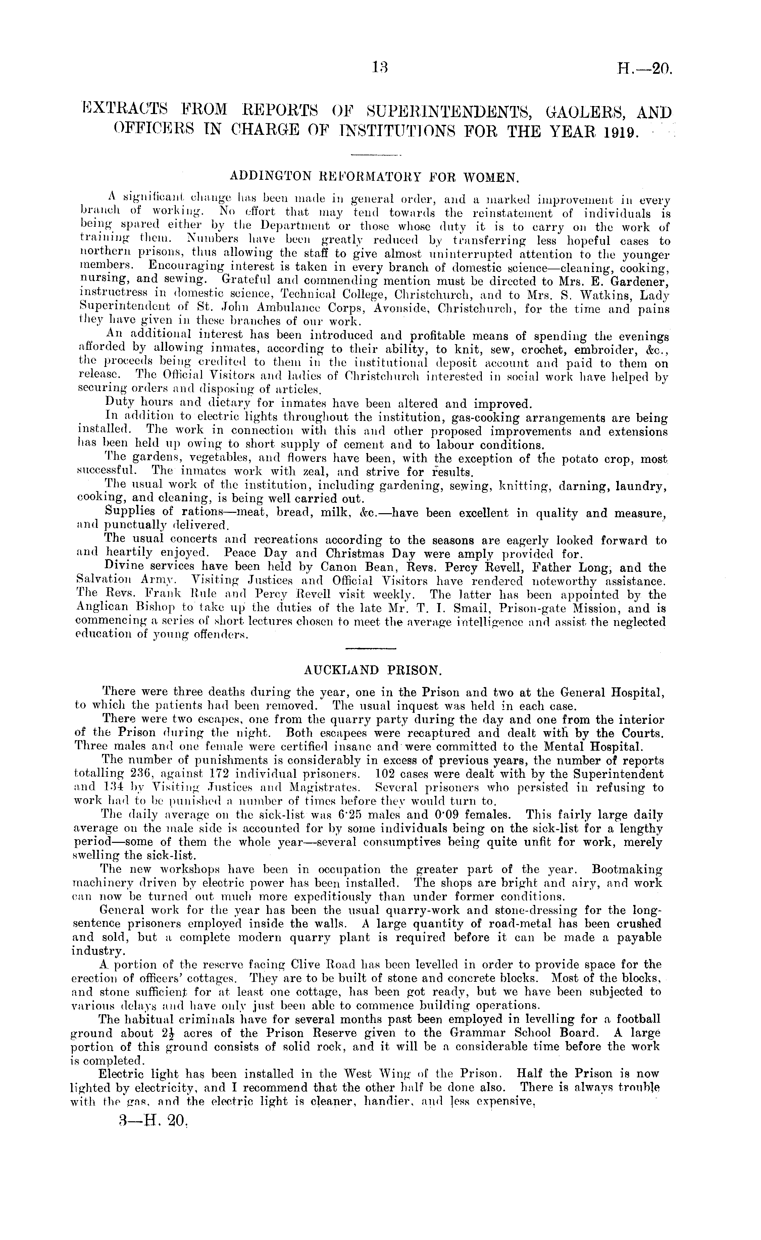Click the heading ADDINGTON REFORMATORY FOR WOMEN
[x=374, y=177]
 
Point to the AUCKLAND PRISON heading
[x=373, y=670]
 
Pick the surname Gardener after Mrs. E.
[x=639, y=281]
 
